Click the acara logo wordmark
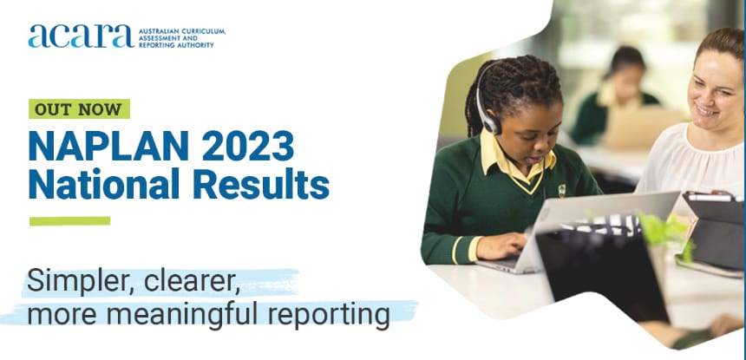pos(80,36)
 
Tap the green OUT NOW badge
pos(79,109)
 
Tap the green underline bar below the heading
pos(69,220)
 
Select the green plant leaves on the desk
pos(664,230)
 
